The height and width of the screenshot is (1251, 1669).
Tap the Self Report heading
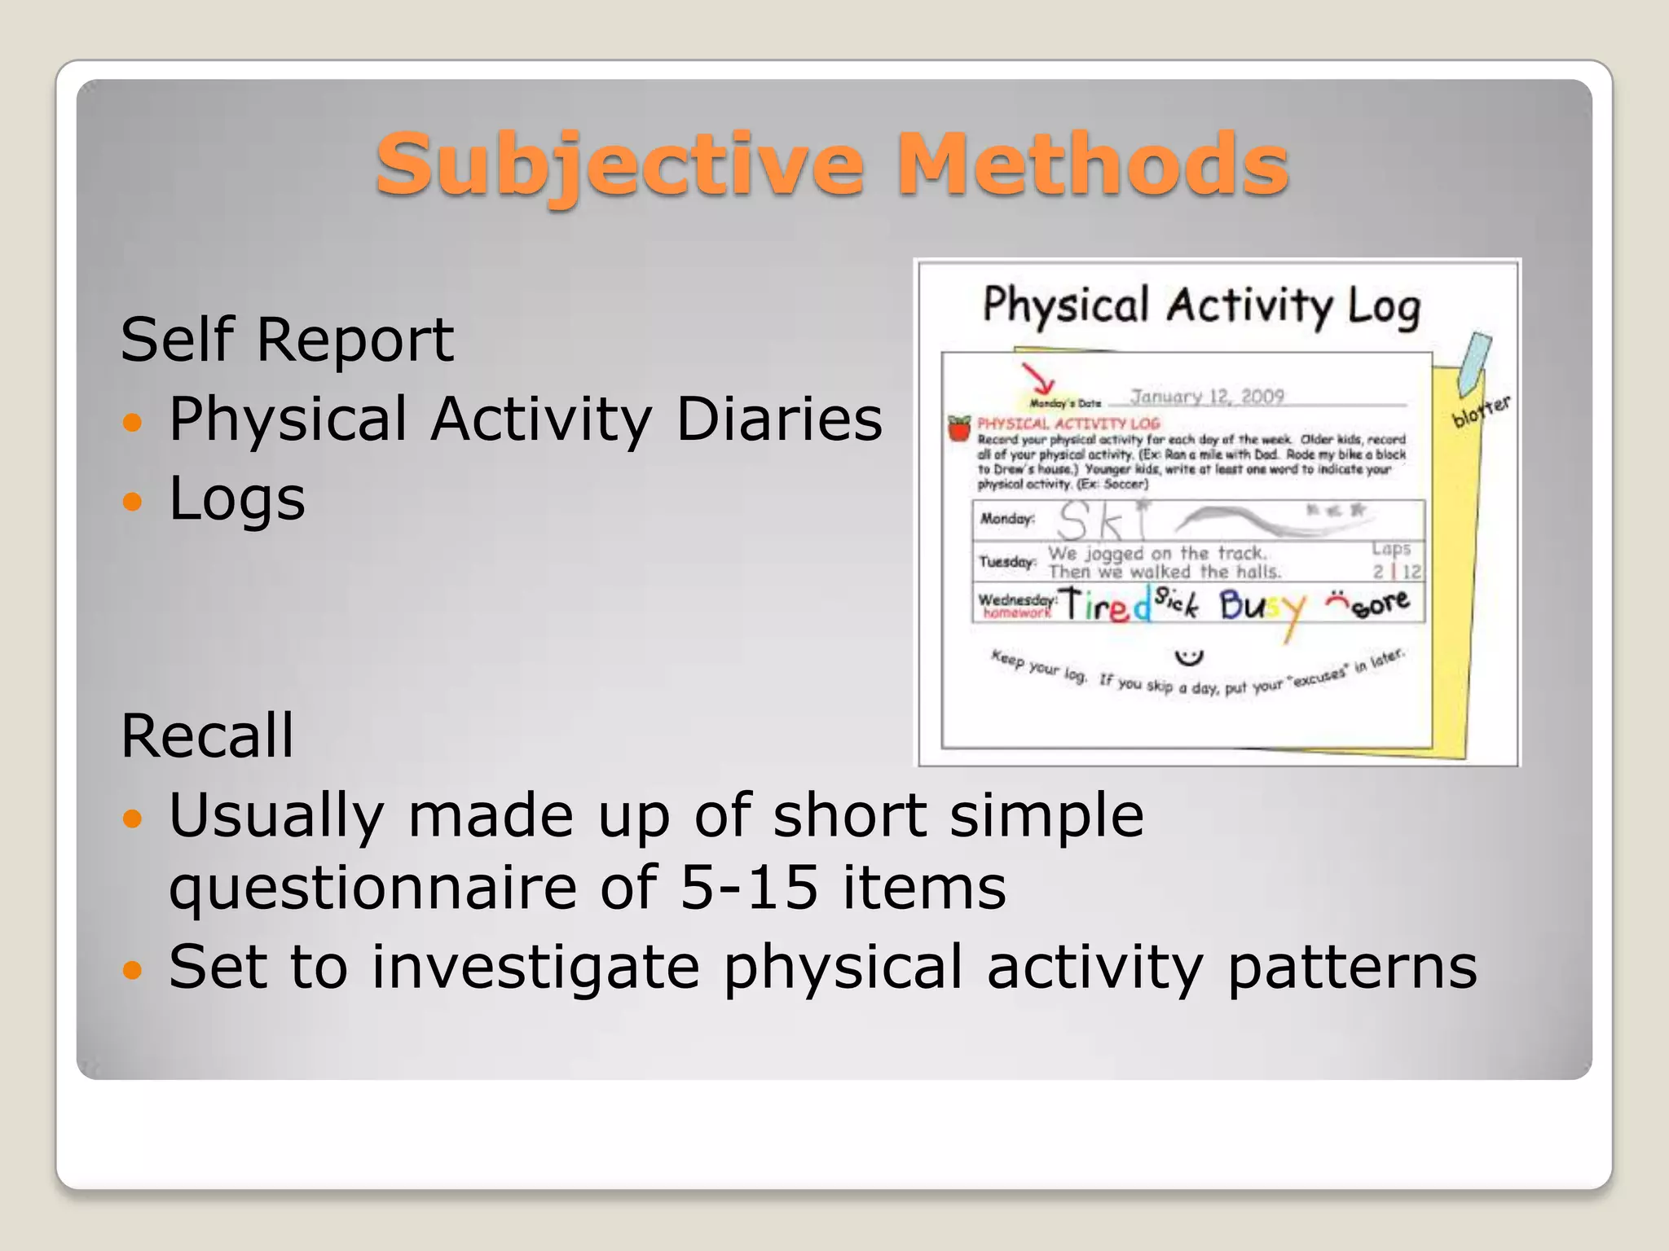tap(287, 340)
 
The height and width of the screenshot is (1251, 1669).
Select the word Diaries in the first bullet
tap(778, 419)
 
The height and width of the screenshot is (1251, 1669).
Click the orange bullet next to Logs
tap(131, 501)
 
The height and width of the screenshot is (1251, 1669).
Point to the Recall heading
tap(207, 736)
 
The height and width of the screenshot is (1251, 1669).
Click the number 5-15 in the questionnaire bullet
tap(749, 888)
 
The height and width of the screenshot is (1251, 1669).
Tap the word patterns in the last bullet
tap(1352, 967)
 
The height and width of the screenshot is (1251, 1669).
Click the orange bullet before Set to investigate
tap(131, 969)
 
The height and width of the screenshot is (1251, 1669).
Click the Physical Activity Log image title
tap(1201, 307)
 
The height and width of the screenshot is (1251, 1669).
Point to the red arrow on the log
tap(1038, 379)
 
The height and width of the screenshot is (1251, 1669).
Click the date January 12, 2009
tap(1207, 397)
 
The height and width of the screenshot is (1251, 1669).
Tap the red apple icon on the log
tap(959, 428)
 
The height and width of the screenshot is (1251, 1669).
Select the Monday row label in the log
tap(1006, 519)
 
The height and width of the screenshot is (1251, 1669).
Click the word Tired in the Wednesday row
tap(1104, 605)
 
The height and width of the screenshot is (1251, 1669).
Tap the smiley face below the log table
tap(1189, 656)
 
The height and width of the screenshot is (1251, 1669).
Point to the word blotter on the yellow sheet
tap(1481, 410)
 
